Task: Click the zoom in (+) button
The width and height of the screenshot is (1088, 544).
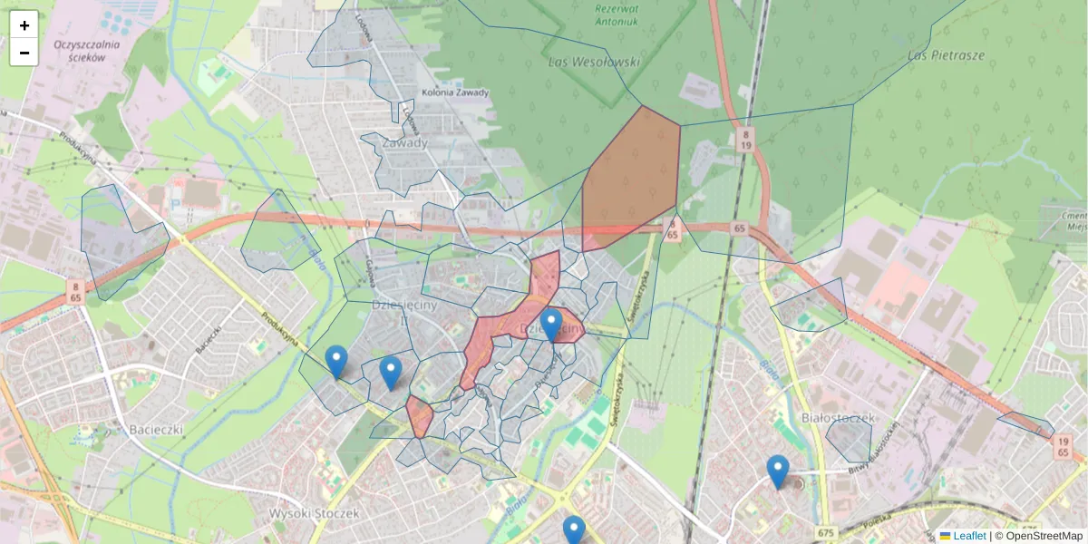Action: coord(24,25)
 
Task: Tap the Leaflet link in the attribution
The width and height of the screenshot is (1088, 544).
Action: coord(969,536)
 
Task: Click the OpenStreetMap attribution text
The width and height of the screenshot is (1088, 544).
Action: coord(1044,536)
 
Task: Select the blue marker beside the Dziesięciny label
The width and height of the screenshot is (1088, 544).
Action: coord(551,325)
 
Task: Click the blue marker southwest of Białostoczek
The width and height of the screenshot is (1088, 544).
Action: coord(777,471)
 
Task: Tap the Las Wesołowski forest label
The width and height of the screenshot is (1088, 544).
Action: coord(595,63)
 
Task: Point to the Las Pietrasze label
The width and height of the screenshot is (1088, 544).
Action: coord(946,55)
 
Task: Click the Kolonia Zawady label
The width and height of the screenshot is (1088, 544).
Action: coord(455,93)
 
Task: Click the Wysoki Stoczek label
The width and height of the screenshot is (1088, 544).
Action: coord(315,513)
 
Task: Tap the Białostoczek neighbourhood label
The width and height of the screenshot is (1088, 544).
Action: coord(838,417)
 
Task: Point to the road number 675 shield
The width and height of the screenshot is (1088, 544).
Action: coord(824,532)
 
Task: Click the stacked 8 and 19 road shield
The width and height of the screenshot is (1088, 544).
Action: coord(744,139)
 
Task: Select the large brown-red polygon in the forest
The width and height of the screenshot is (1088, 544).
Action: coord(632,181)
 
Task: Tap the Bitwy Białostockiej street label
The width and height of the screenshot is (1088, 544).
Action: coord(873,451)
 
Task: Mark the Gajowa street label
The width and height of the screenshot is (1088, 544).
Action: coord(371,268)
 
